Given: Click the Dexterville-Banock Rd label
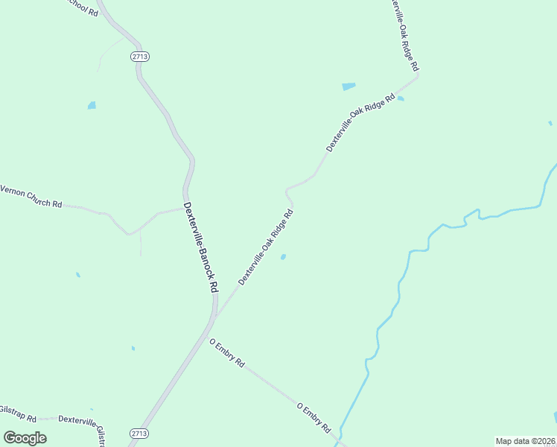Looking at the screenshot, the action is [201, 247].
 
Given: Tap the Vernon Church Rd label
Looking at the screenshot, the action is [31, 197].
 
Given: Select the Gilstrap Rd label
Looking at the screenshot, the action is [15, 411].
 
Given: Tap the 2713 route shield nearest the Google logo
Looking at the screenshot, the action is [139, 433].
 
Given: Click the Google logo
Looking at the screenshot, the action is [25, 437].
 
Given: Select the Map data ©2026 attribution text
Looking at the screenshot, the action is [525, 441].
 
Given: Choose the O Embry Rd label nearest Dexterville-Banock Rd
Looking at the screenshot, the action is [227, 353].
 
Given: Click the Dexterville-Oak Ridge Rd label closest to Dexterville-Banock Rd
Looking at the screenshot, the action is [266, 247].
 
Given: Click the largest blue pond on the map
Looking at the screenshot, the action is [348, 86].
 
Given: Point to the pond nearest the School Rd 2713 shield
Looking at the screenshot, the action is [92, 105].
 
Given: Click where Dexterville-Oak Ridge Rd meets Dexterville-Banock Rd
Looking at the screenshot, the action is [214, 317].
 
